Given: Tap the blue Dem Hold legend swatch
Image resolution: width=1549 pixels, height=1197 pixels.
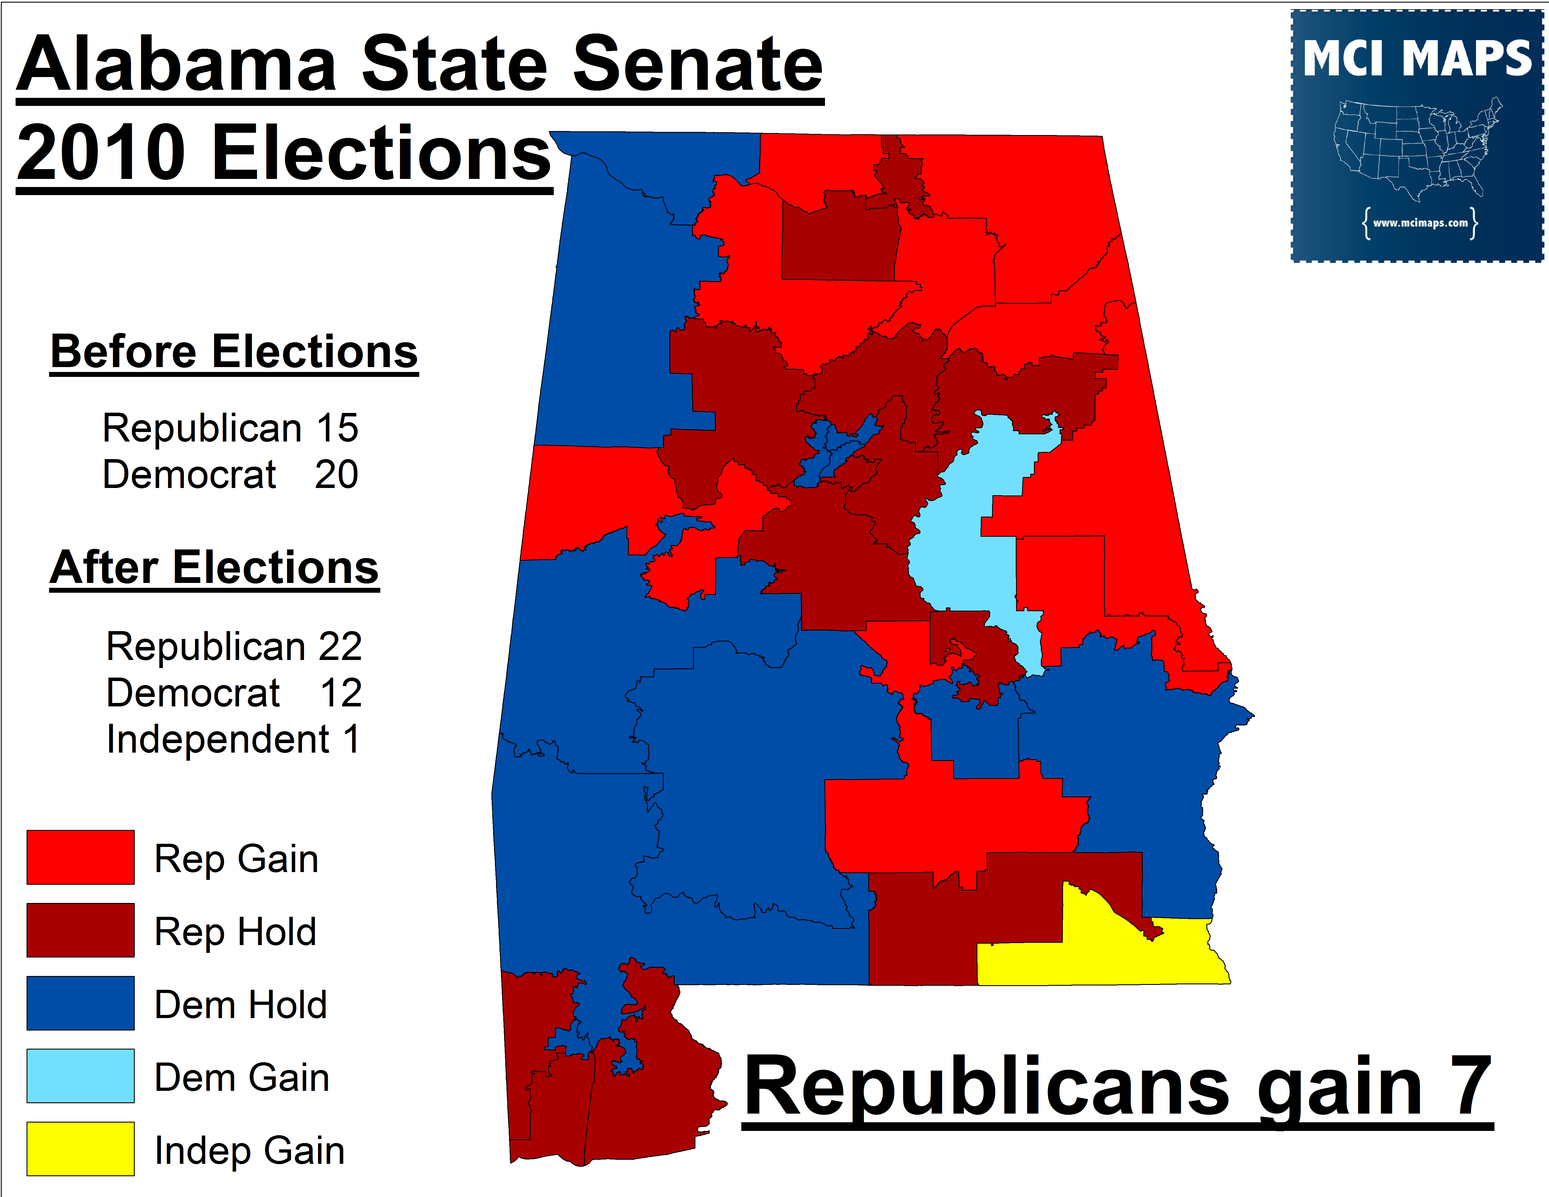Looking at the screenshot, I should pyautogui.click(x=80, y=1003).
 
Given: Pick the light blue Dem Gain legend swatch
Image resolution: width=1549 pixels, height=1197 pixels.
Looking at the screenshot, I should pyautogui.click(x=80, y=1076).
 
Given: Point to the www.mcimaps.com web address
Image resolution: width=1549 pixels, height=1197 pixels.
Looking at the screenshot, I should pyautogui.click(x=1420, y=223).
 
